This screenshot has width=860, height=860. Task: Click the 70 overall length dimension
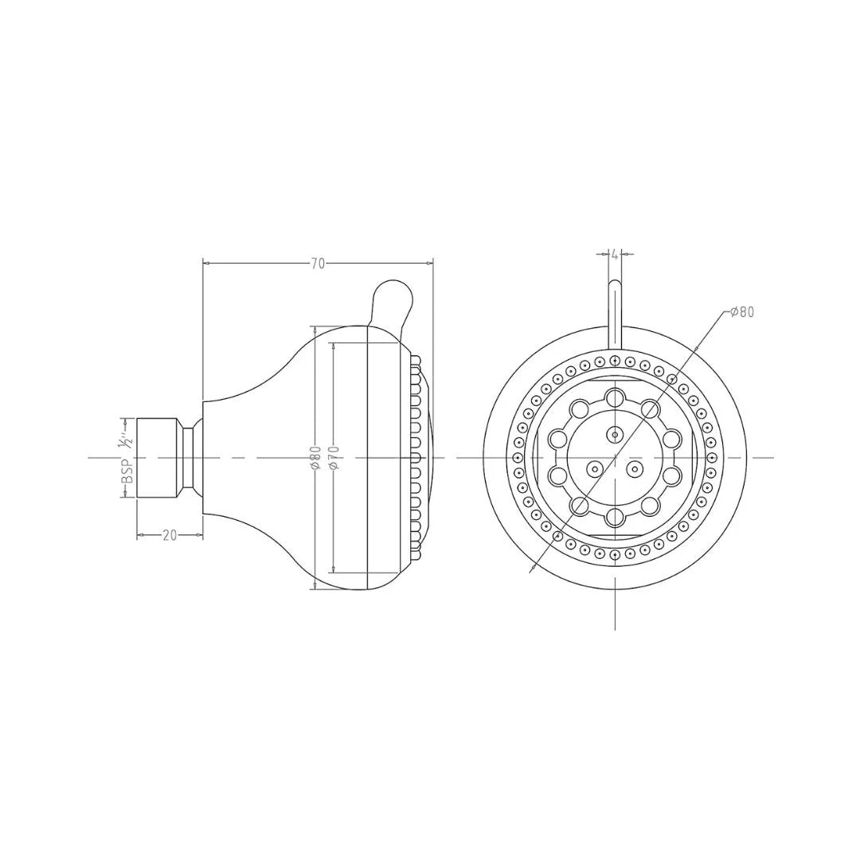click(318, 264)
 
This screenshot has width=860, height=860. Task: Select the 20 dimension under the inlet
click(170, 535)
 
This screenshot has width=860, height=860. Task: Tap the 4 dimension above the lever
click(615, 254)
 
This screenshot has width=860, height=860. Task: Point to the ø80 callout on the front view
click(741, 312)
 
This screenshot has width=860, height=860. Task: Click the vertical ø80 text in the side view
click(315, 459)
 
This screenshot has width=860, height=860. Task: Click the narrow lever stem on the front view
click(615, 315)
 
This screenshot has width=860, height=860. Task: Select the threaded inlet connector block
click(158, 457)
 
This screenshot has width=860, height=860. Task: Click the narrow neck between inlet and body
click(190, 457)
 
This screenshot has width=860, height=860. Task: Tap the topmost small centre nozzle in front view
click(615, 434)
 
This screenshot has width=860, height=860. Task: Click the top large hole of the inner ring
click(615, 397)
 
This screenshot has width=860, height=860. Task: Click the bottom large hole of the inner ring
click(615, 518)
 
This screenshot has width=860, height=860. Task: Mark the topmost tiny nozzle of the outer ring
click(615, 361)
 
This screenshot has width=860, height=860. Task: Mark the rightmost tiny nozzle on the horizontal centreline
click(712, 458)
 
